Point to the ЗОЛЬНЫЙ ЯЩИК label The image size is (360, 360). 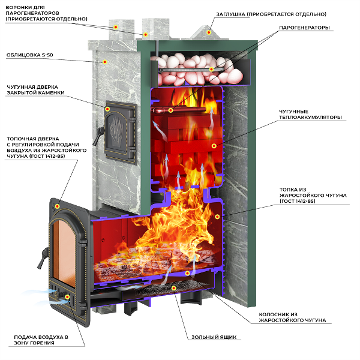tap(217, 337)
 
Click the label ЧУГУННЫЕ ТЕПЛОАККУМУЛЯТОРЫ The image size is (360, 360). tap(310, 114)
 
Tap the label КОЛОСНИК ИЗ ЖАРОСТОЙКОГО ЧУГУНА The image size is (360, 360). tap(292, 317)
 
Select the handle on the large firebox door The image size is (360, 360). tap(41, 258)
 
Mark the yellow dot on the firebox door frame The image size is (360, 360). tap(56, 206)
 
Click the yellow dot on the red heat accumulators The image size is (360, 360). tap(214, 145)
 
